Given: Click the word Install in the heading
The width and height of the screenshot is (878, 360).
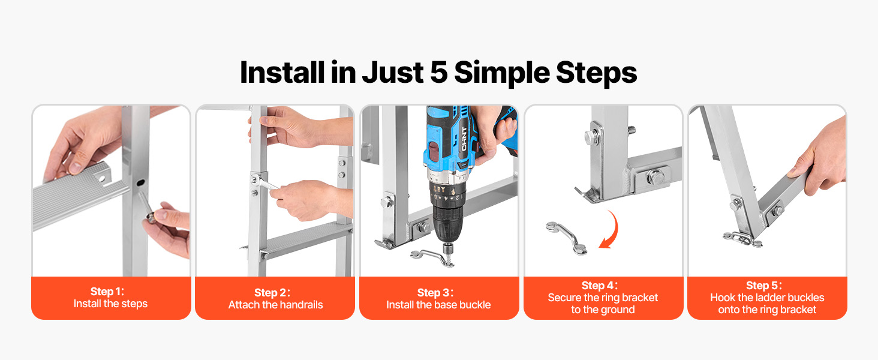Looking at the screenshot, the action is (282, 72).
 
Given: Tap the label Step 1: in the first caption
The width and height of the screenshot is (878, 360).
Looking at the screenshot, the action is (107, 292).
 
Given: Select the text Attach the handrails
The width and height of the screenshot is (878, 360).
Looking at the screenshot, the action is (275, 305).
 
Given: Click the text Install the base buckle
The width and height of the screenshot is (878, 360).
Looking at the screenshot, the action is (438, 305).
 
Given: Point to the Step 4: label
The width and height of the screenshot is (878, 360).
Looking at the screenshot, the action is (599, 286).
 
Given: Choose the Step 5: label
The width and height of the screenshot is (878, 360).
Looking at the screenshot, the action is (763, 286).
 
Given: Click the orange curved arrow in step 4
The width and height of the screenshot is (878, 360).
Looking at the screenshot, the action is (611, 230).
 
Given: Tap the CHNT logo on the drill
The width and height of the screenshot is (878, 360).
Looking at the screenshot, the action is (464, 139).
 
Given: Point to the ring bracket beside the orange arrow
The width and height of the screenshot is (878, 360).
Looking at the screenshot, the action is (566, 238).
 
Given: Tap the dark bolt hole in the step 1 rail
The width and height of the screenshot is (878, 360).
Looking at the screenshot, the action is (140, 183).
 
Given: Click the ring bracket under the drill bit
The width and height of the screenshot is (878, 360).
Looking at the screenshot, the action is (432, 257).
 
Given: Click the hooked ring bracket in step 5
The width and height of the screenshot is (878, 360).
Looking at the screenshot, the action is (742, 238).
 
